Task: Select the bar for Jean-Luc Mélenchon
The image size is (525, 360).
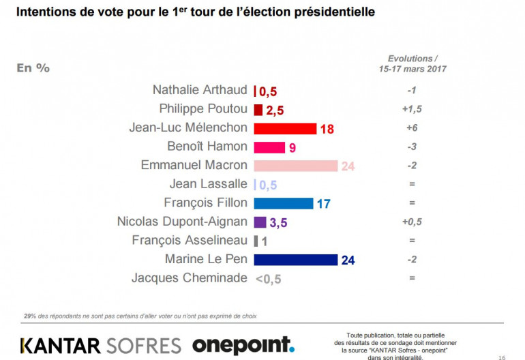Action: coord(284,128)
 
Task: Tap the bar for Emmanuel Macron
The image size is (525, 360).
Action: coord(295,166)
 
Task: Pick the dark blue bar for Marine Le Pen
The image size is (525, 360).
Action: coord(295,259)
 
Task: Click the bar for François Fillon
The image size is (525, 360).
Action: coord(283,203)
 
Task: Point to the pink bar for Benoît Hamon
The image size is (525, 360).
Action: coord(269,147)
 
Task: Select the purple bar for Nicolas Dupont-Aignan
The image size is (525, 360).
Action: coord(260,222)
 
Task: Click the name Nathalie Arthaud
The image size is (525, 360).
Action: coord(200,90)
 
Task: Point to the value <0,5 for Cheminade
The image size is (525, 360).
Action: coord(268,278)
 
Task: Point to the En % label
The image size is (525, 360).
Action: coord(33,67)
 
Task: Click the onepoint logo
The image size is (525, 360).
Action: coord(243,345)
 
